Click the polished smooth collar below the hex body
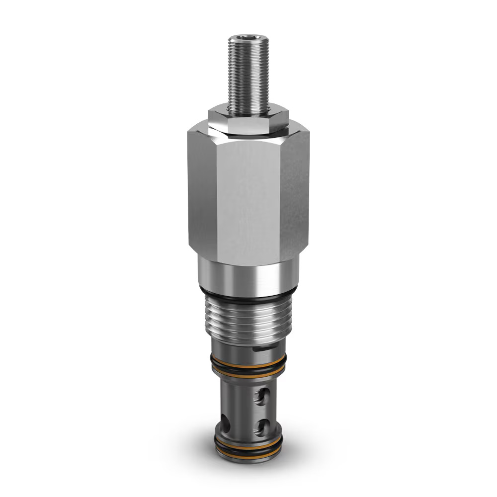tap(248, 273)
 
